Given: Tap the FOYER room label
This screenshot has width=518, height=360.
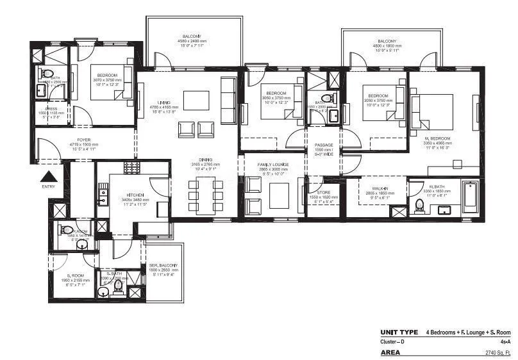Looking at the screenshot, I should click(x=84, y=140).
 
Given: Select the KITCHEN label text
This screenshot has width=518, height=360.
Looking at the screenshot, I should click(x=135, y=195).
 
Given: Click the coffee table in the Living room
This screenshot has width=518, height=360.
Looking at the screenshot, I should click(x=196, y=101).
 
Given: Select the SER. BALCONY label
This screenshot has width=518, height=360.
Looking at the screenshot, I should click(x=163, y=265).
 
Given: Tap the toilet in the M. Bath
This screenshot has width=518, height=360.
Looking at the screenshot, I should click(x=420, y=206).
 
